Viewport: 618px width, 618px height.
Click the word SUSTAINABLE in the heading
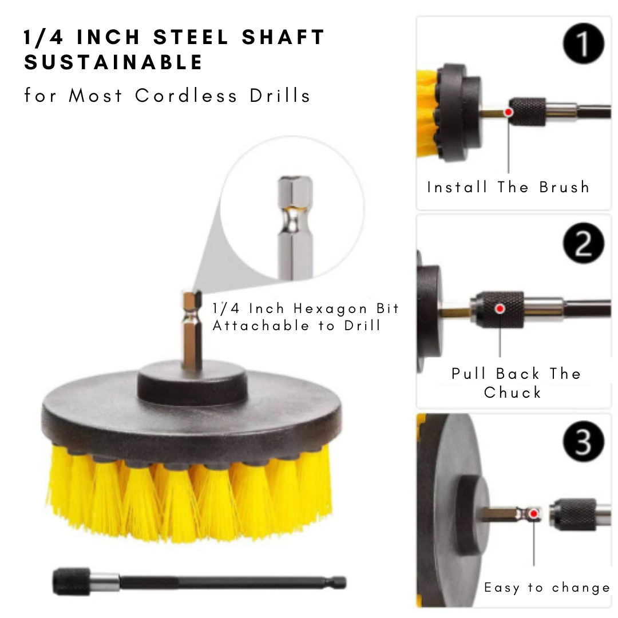pyautogui.click(x=113, y=62)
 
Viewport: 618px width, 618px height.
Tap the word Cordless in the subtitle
pyautogui.click(x=186, y=96)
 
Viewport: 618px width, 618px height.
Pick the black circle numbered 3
pyautogui.click(x=583, y=442)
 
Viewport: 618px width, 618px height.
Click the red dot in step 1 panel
pyautogui.click(x=508, y=112)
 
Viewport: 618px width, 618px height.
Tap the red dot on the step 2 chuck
pyautogui.click(x=500, y=309)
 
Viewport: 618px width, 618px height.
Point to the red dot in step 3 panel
pyautogui.click(x=534, y=514)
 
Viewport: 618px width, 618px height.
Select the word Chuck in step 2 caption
pyautogui.click(x=512, y=393)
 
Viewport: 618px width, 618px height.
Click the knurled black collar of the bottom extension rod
pyautogui.click(x=72, y=582)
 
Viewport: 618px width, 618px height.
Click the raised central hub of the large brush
pyautogui.click(x=192, y=381)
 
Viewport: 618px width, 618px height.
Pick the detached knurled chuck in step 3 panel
pyautogui.click(x=572, y=514)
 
